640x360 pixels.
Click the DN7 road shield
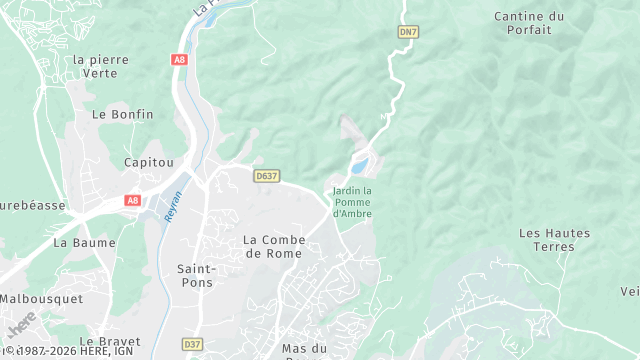point(407,32)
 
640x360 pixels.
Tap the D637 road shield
point(266,175)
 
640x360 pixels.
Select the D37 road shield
point(193,344)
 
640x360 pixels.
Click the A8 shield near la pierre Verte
point(179,60)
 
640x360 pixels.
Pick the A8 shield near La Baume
point(133,200)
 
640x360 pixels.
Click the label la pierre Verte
point(101,66)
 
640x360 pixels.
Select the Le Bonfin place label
point(123,114)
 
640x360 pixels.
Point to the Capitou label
point(148,162)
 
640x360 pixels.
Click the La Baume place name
point(84,242)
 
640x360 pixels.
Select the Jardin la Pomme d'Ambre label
point(352,201)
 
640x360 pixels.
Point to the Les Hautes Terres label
point(554,240)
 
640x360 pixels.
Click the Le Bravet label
point(107,341)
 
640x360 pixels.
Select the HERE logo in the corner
point(20,326)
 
